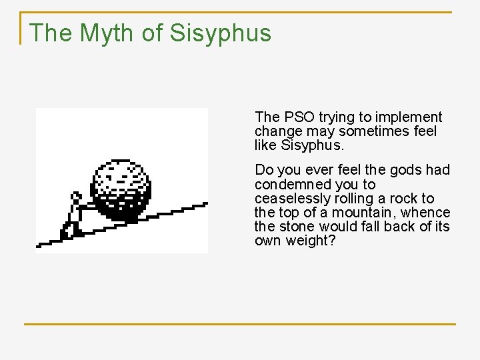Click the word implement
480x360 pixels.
point(411,117)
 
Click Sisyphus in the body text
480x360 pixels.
point(313,145)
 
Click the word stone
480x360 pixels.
point(303,227)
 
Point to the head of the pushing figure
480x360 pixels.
point(76,197)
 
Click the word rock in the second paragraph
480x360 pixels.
point(407,199)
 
